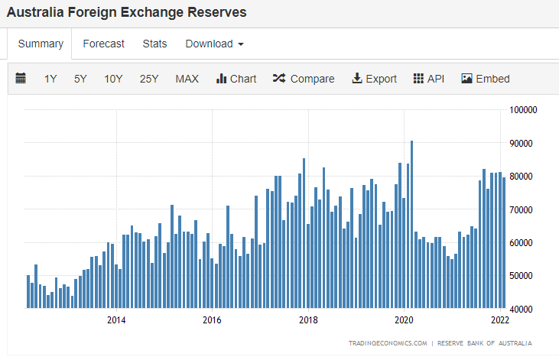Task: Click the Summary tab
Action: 41,44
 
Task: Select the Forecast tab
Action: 103,44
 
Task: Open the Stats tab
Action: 154,44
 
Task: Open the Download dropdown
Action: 214,44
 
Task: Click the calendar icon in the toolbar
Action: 21,78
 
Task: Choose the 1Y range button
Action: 50,79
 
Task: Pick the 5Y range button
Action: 80,79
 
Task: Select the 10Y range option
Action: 113,79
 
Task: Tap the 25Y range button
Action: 149,79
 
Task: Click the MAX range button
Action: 187,79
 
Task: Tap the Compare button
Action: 304,79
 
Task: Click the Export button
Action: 374,79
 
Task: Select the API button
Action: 428,79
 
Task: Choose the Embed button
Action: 485,79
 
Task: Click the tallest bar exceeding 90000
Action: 411,224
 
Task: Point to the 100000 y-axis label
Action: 523,110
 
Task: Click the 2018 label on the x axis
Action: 308,320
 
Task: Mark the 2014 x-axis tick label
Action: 116,320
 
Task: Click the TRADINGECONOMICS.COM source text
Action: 388,343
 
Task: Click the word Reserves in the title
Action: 216,12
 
